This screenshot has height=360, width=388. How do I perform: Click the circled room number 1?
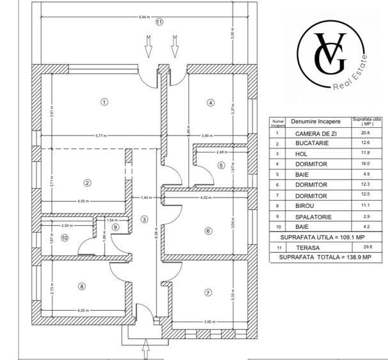coord(105,100)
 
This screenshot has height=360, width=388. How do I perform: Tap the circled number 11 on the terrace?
coord(159,21)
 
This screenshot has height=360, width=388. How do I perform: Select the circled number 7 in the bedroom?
coord(208,293)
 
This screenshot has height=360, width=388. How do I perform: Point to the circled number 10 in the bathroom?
coord(64,238)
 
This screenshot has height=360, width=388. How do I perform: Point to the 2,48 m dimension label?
coord(221,152)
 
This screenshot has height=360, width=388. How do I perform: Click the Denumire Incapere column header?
coord(311,121)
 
